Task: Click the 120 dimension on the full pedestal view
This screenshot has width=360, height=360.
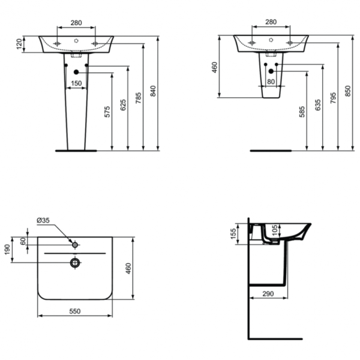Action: [x=19, y=44]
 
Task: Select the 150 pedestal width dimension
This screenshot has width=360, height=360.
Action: [x=77, y=83]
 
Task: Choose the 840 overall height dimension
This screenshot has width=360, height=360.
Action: [x=154, y=91]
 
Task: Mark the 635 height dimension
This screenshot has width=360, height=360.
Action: [x=318, y=106]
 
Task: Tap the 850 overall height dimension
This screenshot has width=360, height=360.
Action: [x=348, y=91]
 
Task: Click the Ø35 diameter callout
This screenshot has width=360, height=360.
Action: [x=43, y=220]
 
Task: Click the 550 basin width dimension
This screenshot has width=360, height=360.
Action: [x=74, y=311]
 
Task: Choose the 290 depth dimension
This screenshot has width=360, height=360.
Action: [x=269, y=293]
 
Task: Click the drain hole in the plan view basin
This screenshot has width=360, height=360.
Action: [x=74, y=262]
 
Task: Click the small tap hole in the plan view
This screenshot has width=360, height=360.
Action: [x=74, y=245]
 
